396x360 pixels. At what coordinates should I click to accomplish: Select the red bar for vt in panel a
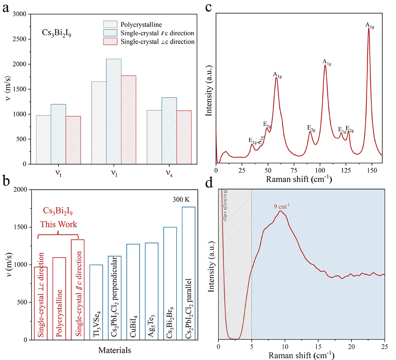[73, 140]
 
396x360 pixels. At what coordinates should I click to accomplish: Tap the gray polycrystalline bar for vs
[154, 137]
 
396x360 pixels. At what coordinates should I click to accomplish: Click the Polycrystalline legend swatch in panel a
[110, 24]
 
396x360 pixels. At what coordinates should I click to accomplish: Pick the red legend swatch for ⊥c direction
[110, 42]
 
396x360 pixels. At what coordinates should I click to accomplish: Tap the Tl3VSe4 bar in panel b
[96, 302]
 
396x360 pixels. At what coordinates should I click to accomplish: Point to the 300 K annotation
[181, 200]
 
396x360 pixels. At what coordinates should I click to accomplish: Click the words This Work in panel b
[59, 225]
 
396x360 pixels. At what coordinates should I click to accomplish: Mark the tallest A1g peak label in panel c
[370, 25]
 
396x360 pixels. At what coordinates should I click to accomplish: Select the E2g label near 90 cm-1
[311, 128]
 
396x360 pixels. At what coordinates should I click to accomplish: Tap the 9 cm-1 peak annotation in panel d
[281, 206]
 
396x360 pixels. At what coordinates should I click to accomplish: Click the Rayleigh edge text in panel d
[225, 205]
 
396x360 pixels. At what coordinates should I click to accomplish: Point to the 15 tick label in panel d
[318, 346]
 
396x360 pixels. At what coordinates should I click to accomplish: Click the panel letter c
[208, 7]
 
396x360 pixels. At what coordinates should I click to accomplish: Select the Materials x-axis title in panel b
[115, 350]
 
